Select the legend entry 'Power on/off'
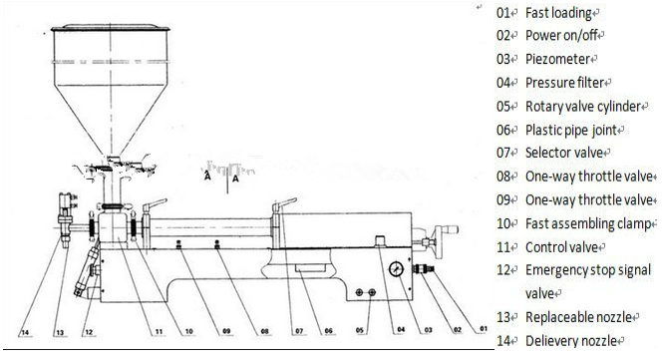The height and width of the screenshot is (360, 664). (562, 36)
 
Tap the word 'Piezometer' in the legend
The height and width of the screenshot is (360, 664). (557, 59)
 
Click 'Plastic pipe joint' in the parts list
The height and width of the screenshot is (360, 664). (572, 130)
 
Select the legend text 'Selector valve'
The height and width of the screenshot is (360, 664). (563, 153)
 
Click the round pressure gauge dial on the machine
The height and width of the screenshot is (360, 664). (396, 268)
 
